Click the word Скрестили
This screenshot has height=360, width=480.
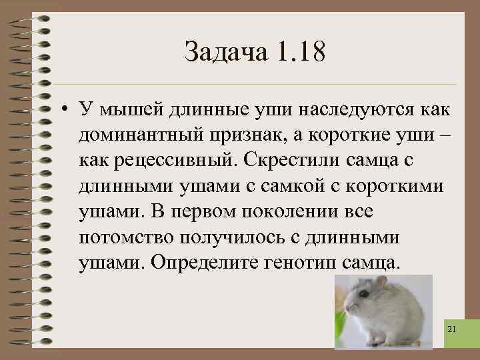point(293,161)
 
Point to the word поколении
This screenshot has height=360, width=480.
point(288,211)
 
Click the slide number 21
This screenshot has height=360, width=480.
point(453,329)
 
